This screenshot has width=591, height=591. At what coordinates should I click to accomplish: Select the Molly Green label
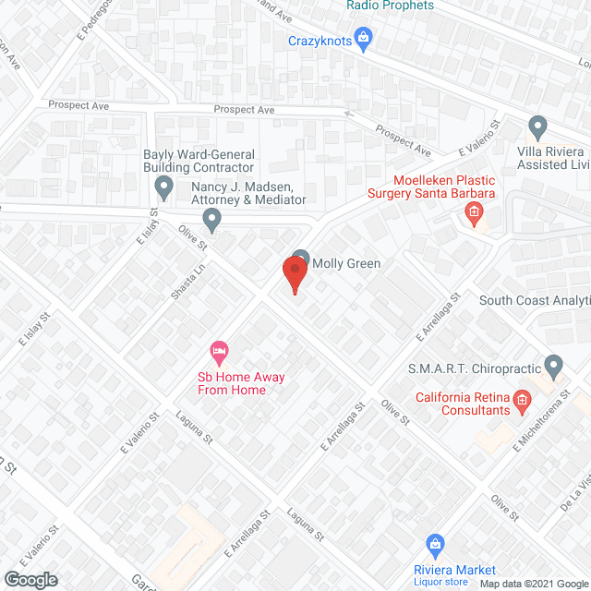pos(346,263)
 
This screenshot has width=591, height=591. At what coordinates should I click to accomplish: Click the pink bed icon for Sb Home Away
pos(219,351)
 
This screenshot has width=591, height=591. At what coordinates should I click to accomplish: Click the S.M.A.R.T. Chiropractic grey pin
pos(553,366)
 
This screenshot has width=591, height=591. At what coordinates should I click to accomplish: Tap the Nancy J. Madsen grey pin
pos(212,220)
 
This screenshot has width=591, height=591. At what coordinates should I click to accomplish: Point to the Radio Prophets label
pos(390,6)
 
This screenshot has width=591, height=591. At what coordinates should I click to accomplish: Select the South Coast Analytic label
pos(535,300)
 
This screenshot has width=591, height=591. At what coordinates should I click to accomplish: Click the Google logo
pos(30,579)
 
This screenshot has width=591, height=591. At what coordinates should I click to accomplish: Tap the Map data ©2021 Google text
pos(533,584)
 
